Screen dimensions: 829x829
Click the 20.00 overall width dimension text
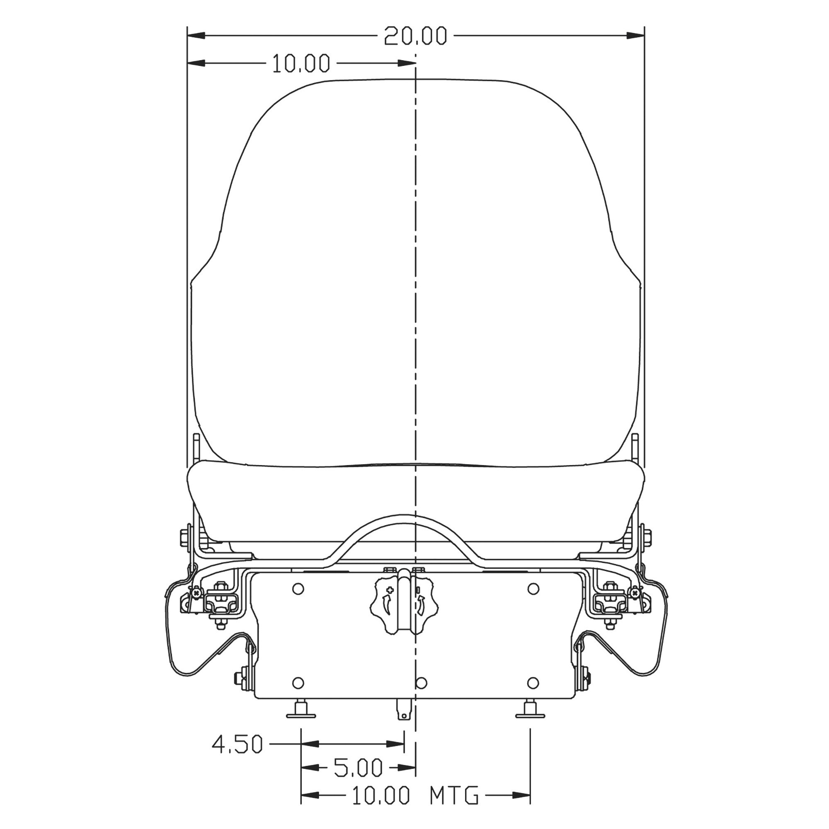(x=415, y=36)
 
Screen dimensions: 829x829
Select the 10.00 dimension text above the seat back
(x=301, y=63)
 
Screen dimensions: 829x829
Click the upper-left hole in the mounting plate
(x=298, y=589)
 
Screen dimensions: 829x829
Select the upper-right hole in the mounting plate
(x=533, y=589)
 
